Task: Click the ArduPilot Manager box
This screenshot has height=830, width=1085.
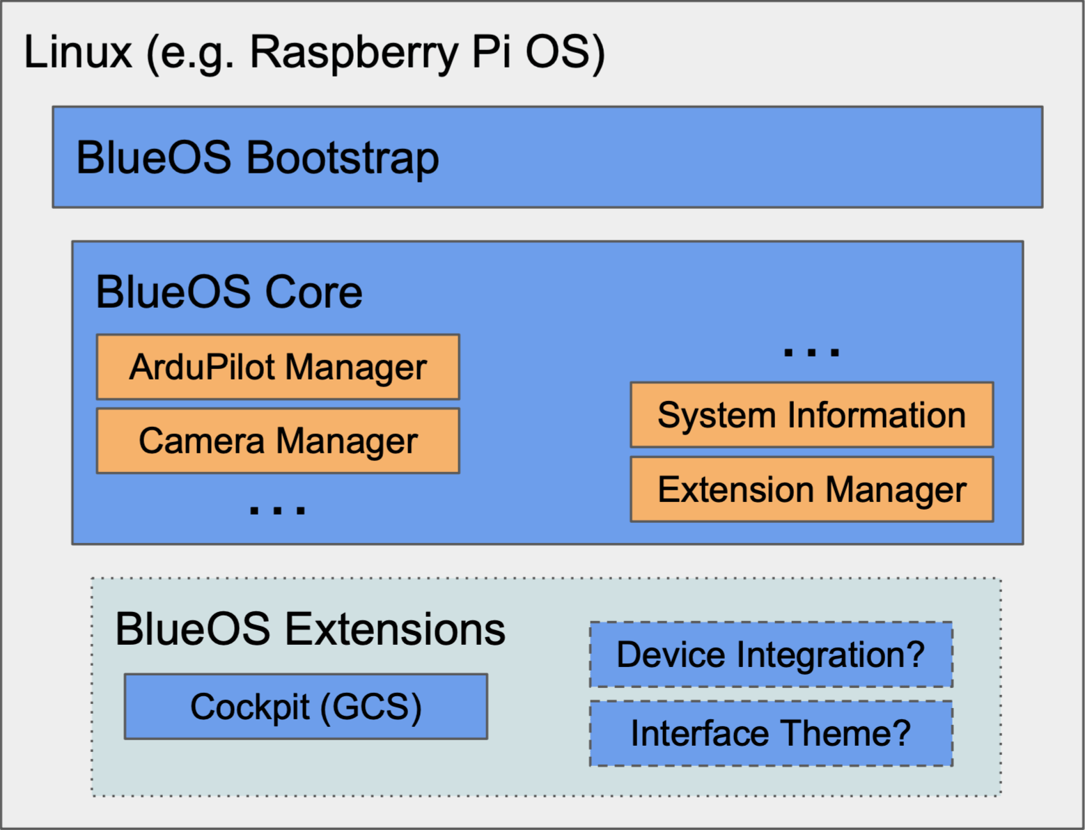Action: pos(278,367)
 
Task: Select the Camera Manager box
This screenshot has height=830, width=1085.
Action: pos(278,441)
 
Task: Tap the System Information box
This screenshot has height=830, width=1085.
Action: pos(811,415)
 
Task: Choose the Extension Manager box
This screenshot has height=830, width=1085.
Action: pos(811,490)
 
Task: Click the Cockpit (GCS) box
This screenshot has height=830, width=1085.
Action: pos(306,707)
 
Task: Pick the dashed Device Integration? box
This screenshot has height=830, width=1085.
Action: pos(771,655)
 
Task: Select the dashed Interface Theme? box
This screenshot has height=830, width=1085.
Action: pos(771,733)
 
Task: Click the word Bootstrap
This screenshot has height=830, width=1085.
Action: pos(343,158)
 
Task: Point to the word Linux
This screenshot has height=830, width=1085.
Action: pos(78,52)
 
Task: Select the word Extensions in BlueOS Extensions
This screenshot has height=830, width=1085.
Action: pos(396,629)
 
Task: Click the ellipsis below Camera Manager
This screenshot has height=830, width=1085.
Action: pos(278,510)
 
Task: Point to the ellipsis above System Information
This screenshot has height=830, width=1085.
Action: pos(811,352)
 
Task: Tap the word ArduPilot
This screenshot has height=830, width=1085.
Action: pos(203,367)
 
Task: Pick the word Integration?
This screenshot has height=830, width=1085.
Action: pos(830,655)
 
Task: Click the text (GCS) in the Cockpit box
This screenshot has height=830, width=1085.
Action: pos(371,707)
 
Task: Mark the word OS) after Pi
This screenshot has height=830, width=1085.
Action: pos(565,52)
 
